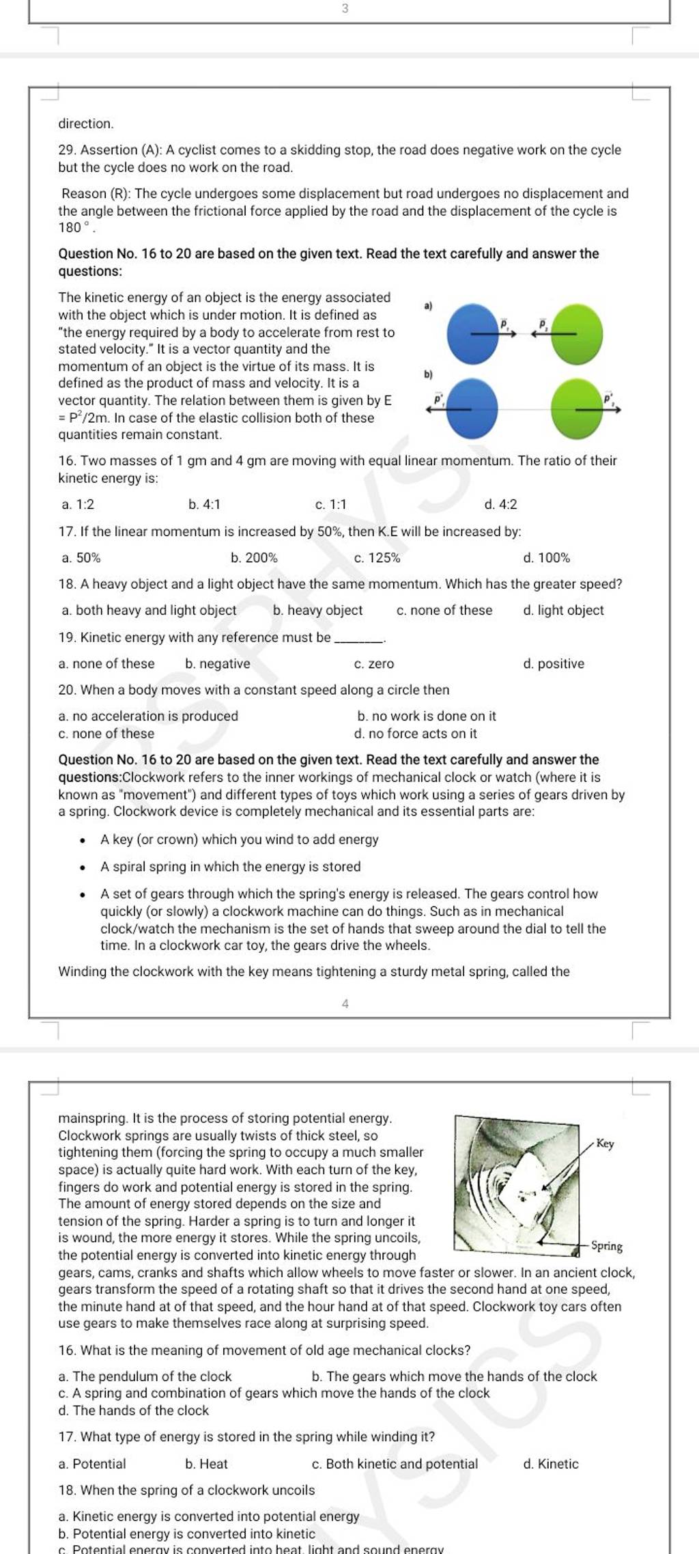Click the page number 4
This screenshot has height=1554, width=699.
tap(345, 1003)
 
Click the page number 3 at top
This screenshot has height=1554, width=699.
tap(345, 9)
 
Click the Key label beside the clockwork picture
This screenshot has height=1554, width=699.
tap(605, 1143)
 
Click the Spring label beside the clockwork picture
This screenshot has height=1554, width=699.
tap(606, 1246)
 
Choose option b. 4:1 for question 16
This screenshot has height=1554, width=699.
tap(204, 505)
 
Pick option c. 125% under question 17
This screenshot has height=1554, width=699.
tap(377, 558)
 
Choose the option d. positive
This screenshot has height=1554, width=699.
tap(554, 664)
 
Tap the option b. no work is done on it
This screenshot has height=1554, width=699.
tap(427, 716)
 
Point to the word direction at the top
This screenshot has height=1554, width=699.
tap(85, 124)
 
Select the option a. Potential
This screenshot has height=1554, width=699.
tap(92, 1464)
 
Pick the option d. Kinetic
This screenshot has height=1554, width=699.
tap(550, 1464)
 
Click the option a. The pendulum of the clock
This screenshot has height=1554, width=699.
tap(145, 1376)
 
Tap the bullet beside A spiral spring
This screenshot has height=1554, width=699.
tap(82, 868)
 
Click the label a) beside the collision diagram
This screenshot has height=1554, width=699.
tap(428, 307)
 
